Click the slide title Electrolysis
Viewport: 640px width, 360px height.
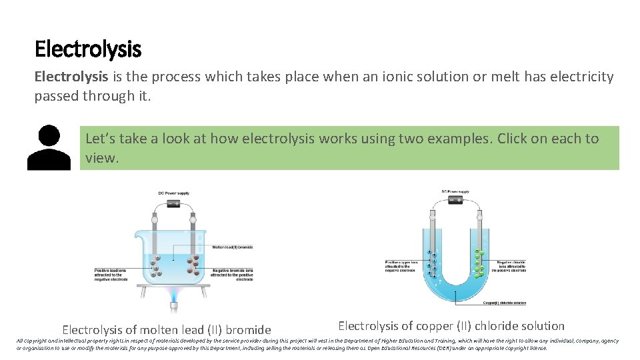(87, 49)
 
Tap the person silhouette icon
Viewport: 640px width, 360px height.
(49, 148)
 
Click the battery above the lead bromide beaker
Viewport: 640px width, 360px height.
(173, 205)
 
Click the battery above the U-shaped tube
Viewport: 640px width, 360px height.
(455, 199)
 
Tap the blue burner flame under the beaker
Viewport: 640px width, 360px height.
(173, 294)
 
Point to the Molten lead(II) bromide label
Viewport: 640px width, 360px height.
(232, 247)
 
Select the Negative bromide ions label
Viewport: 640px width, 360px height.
(232, 275)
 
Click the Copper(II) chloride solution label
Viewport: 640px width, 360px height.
(504, 303)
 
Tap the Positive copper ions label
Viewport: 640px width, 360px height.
(400, 266)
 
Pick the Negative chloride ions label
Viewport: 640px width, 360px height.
(509, 265)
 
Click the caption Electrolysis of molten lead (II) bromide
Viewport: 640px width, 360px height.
(167, 329)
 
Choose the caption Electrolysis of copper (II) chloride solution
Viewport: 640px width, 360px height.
(451, 326)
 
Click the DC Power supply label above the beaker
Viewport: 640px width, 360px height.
(173, 193)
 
